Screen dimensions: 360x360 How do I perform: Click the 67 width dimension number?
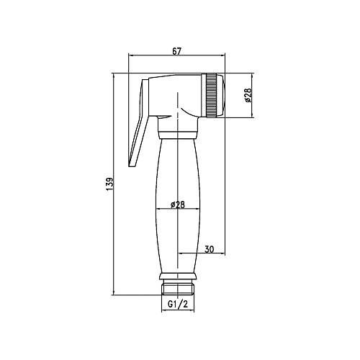click(176, 51)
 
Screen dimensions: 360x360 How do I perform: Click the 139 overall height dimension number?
click(109, 184)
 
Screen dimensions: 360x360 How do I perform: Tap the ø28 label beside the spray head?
click(248, 95)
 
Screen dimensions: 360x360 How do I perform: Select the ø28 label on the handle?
click(178, 204)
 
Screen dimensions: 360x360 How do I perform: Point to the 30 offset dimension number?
click(210, 249)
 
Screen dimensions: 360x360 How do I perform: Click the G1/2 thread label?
click(178, 305)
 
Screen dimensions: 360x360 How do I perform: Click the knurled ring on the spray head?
click(211, 95)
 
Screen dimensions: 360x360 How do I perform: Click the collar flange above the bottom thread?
click(178, 276)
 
